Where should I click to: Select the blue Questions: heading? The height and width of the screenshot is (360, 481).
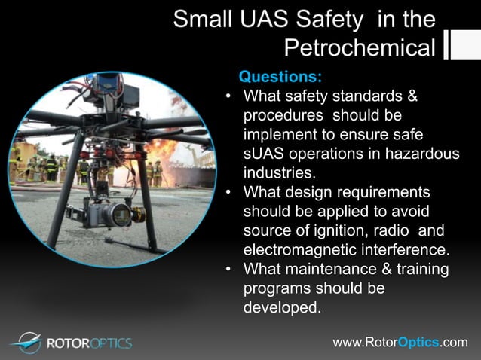pos(280,77)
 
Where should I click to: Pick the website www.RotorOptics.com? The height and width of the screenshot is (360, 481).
pos(400,343)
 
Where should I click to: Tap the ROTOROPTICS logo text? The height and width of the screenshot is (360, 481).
pos(89,343)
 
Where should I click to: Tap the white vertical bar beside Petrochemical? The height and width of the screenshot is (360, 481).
pos(446,45)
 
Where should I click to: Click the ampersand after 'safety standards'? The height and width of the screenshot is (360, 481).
pos(412,96)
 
